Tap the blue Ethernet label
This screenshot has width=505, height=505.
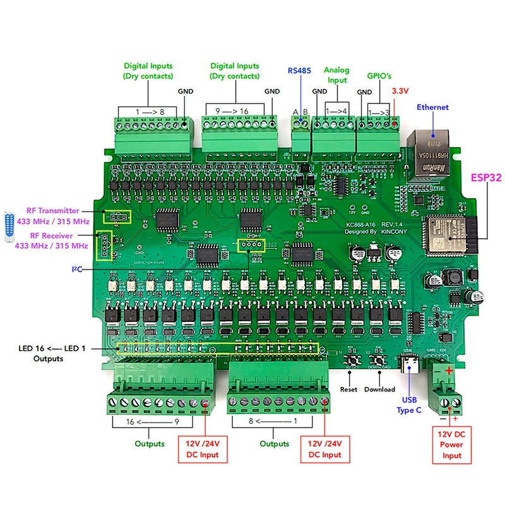(432, 107)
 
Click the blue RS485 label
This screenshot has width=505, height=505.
(300, 70)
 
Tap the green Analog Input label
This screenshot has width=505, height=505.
(336, 75)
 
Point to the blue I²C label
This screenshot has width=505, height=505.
(76, 270)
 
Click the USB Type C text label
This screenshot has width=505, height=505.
(408, 405)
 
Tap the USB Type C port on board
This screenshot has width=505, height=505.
(408, 367)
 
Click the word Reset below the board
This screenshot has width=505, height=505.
(348, 389)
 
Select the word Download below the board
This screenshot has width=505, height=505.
(379, 389)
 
